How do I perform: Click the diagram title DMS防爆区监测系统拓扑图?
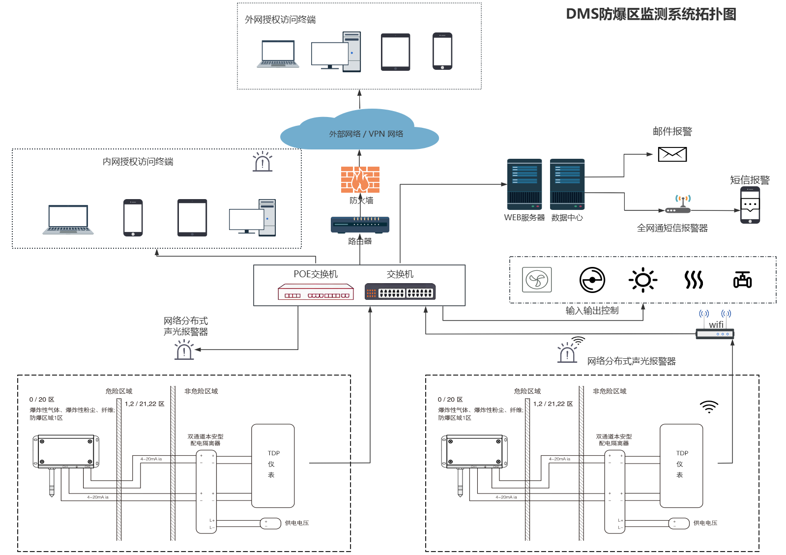[651, 14]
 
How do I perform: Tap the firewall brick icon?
[360, 179]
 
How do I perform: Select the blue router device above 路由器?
[360, 225]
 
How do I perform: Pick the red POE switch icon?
[316, 292]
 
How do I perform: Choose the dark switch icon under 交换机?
[400, 292]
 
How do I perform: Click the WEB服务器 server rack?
[524, 184]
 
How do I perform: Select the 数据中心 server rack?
[567, 184]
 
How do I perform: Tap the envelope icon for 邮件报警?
[672, 154]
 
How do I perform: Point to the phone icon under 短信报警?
[750, 205]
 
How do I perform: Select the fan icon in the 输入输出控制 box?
[536, 280]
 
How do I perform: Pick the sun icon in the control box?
[642, 280]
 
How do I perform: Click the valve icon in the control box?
[742, 280]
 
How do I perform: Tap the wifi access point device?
[715, 334]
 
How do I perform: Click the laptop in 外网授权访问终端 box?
[278, 54]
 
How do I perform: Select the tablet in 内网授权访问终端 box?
[192, 218]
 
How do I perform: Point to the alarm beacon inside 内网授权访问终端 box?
[262, 162]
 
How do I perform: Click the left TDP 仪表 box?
[273, 466]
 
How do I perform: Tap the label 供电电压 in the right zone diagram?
[705, 523]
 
